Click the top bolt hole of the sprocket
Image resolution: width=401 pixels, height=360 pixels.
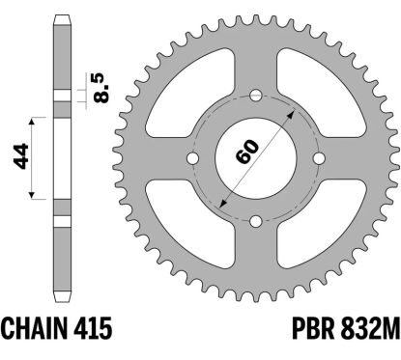pos(255,96)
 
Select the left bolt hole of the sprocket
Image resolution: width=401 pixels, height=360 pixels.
pos(192,158)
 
